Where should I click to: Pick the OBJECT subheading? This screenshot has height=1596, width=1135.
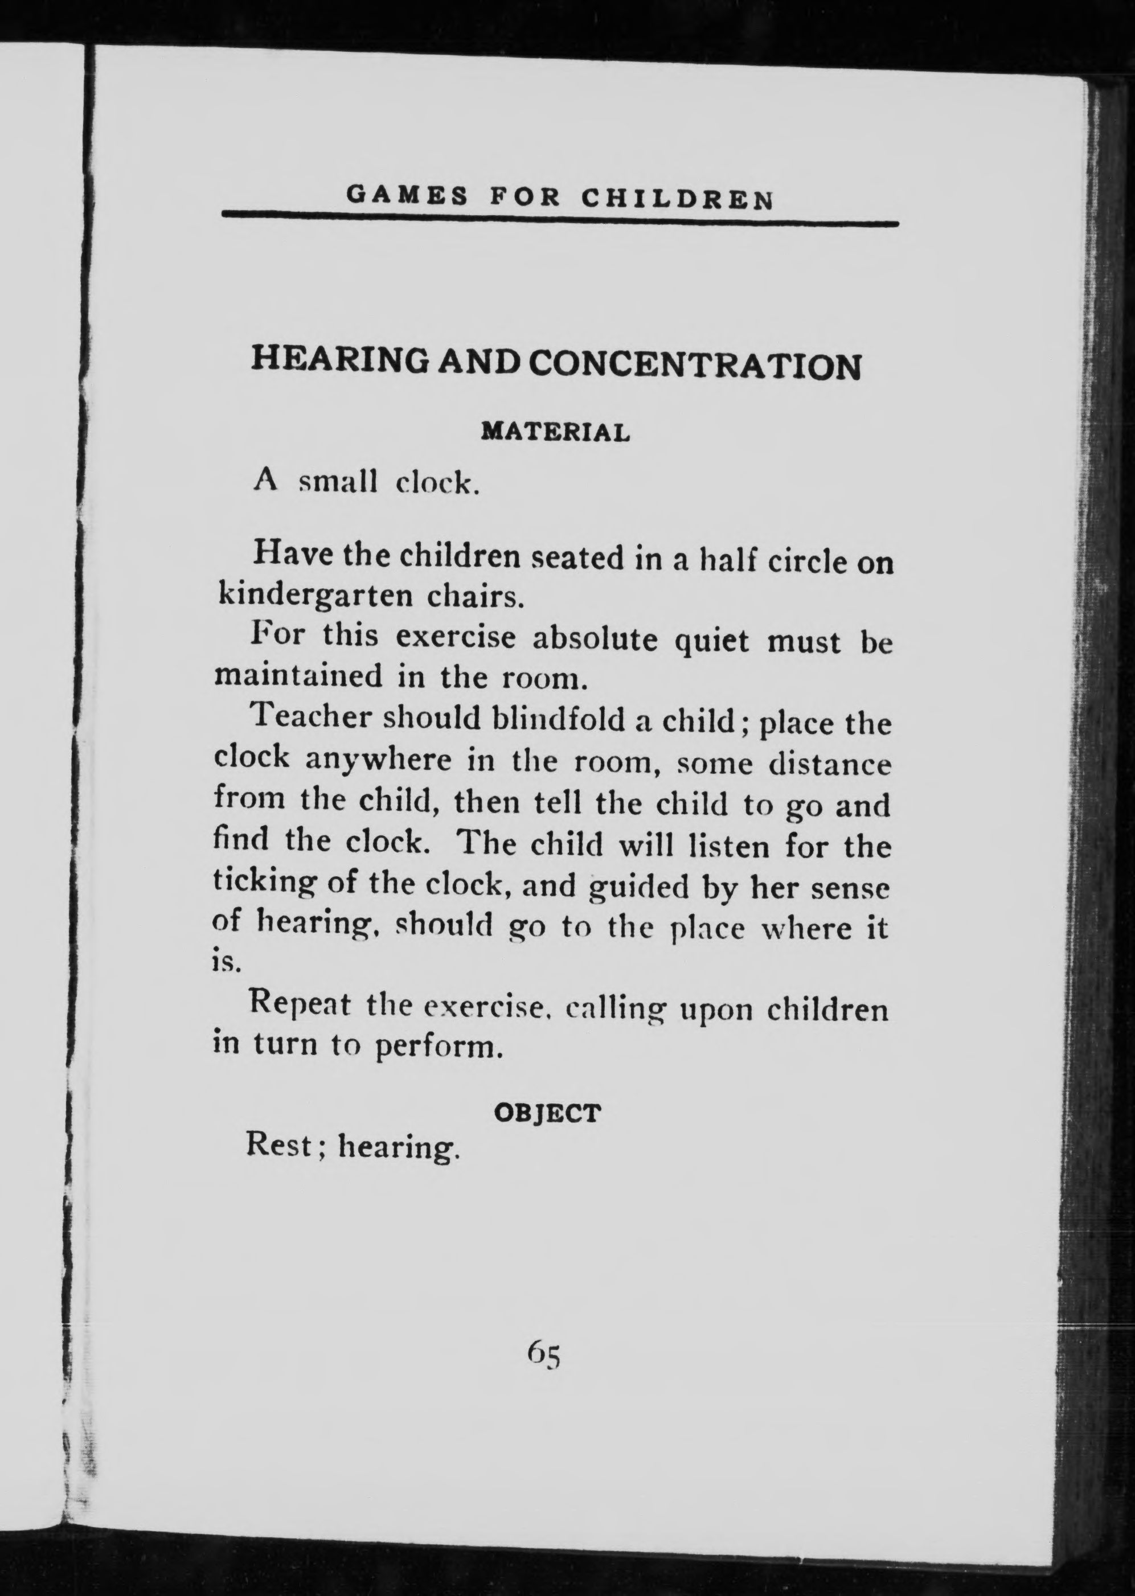point(547,1113)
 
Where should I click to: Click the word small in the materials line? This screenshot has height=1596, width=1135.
point(338,482)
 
